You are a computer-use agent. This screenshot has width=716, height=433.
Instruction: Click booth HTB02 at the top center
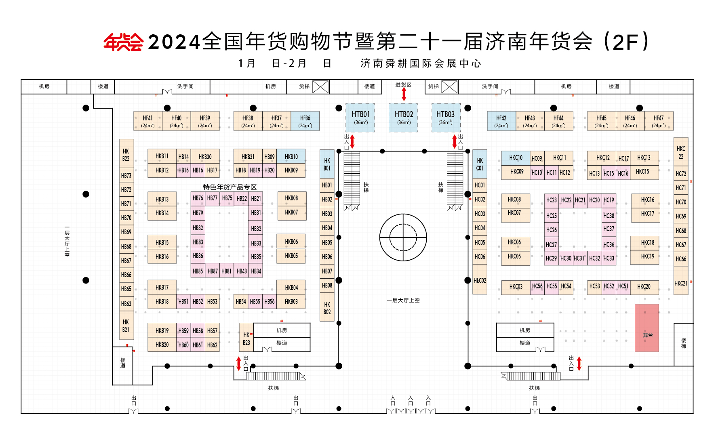pos(404,118)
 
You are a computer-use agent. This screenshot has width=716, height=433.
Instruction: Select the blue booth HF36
pos(305,121)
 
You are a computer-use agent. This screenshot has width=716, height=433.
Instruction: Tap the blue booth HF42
pos(501,121)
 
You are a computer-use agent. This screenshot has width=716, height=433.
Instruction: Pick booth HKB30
pos(205,156)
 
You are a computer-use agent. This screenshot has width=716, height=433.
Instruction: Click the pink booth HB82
pos(198,228)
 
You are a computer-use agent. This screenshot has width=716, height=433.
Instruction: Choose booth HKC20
pos(644,287)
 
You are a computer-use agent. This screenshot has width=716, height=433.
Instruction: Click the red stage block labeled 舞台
pos(647,328)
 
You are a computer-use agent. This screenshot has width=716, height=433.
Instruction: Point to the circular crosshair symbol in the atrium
pos(403,238)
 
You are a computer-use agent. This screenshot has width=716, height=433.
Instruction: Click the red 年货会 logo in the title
pos(123,42)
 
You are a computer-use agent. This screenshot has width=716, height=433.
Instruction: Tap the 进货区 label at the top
pos(403,85)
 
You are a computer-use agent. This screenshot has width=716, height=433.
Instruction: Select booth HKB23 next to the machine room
pos(246,337)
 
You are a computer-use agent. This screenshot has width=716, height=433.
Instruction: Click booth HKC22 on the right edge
pos(681,152)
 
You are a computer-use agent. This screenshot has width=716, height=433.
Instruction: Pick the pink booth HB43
pos(242,271)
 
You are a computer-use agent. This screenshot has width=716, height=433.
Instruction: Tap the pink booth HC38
pos(609,216)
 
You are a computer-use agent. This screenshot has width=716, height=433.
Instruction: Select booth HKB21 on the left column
pos(126,325)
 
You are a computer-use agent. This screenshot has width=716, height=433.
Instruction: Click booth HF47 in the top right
pos(659,121)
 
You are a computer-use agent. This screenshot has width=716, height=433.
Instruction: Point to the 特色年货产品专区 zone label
pos(230,187)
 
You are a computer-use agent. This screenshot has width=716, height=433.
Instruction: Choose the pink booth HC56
pos(537,286)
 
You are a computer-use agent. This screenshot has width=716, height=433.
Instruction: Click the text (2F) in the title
pos(627,42)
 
